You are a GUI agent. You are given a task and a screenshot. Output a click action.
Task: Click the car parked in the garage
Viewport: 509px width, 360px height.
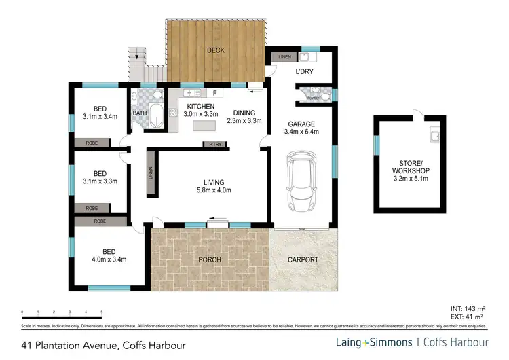click(x=301, y=181)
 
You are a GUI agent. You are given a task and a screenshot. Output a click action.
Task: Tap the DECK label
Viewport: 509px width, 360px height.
click(x=216, y=50)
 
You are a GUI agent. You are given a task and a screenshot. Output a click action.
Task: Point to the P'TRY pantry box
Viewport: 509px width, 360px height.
click(x=216, y=144)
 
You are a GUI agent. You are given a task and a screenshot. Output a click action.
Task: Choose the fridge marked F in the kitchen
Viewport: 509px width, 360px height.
click(x=214, y=92)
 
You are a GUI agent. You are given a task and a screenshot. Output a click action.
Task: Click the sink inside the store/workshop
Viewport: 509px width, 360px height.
click(x=433, y=138)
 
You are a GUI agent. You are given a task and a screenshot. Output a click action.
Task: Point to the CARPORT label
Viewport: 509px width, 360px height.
click(x=303, y=259)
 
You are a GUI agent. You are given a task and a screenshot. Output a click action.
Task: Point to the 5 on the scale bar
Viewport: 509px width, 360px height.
click(x=102, y=313)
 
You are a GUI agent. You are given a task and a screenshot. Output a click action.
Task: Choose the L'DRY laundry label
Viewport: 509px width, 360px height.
click(x=303, y=71)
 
